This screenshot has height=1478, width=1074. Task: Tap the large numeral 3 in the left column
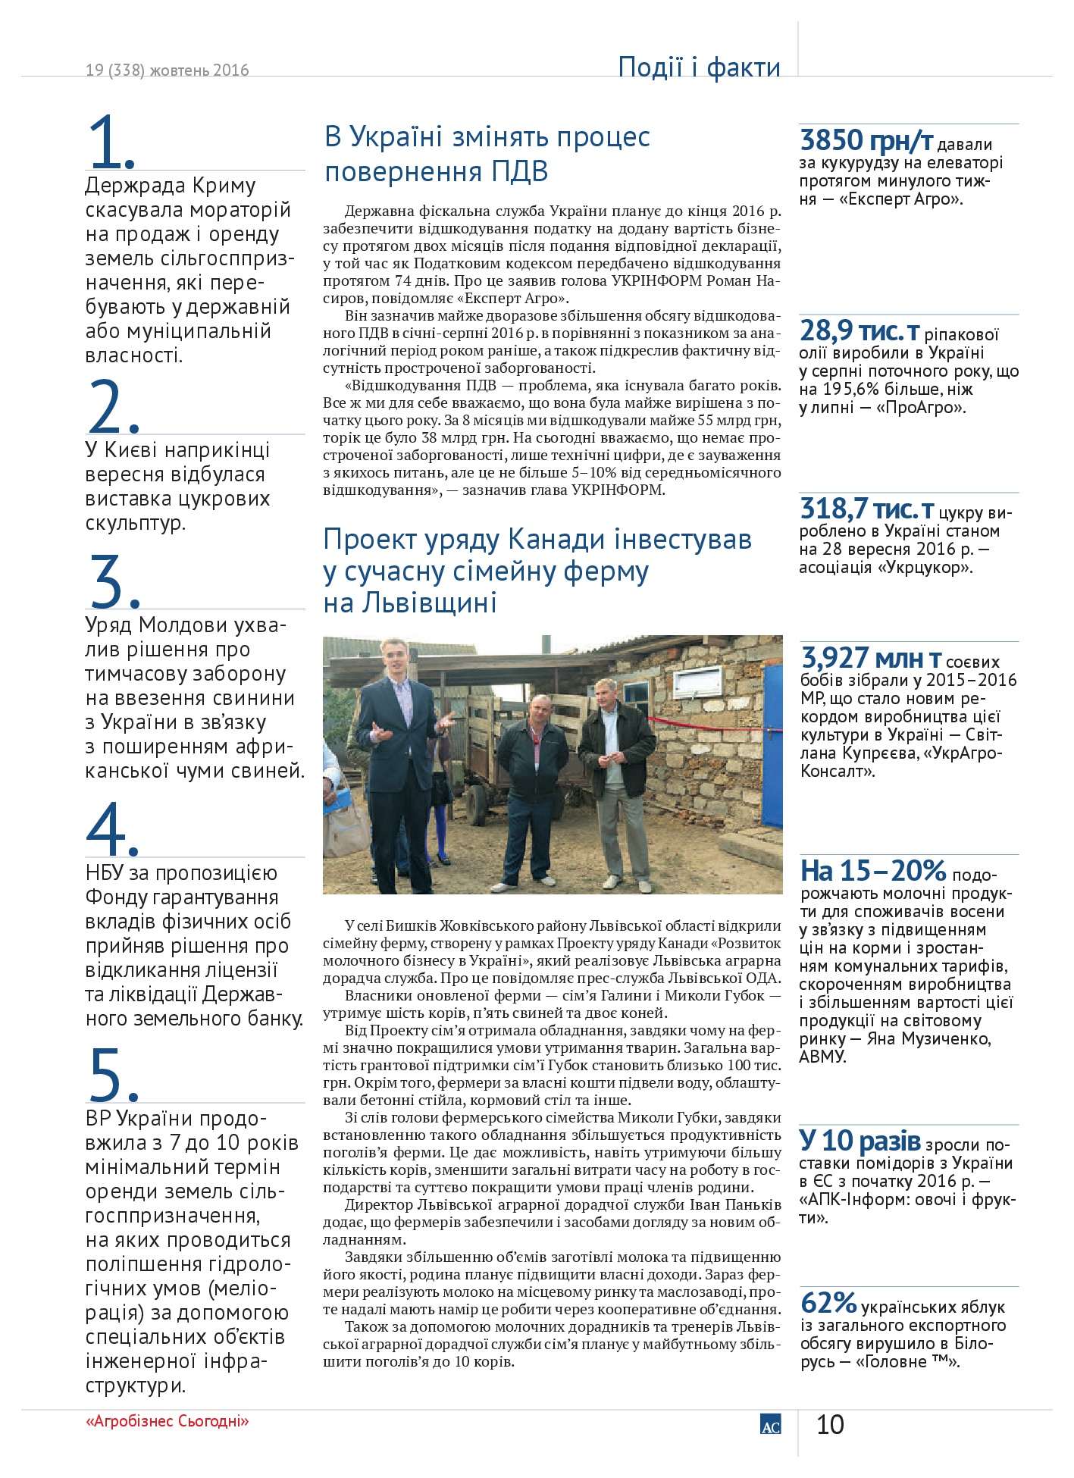[x=111, y=581]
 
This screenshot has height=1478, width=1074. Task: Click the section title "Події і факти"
[x=699, y=67]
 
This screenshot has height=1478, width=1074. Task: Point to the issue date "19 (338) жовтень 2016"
[x=168, y=70]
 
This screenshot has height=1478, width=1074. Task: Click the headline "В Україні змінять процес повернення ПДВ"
[x=487, y=154]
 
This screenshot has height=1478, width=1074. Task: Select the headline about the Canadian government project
[x=537, y=571]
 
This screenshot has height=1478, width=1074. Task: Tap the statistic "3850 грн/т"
[x=866, y=141]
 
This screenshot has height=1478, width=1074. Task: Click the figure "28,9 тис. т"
[x=860, y=331]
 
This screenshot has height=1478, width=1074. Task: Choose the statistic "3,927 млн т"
[x=871, y=658]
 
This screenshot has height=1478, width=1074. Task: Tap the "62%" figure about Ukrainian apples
[x=828, y=1303]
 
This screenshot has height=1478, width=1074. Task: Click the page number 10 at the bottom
[x=830, y=1425]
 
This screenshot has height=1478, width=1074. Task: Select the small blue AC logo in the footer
[x=770, y=1424]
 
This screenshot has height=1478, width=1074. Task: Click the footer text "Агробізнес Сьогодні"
[x=168, y=1421]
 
